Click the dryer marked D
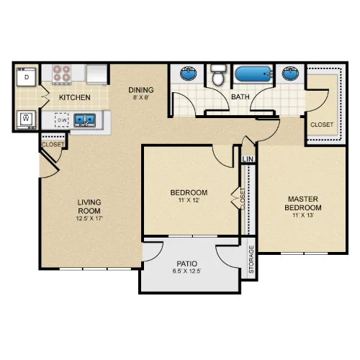coord(27,77)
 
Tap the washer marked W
coord(27,120)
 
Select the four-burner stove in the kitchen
coord(62,73)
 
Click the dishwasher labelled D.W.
coord(62,120)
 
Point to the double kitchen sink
coord(84,120)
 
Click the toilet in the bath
coord(218,75)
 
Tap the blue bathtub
coord(253,74)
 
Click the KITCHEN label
coord(75,97)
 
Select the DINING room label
coord(141,90)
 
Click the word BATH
coord(240,97)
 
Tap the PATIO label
coord(187,264)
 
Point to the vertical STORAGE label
coord(251,259)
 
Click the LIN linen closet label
coord(248,159)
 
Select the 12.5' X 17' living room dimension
coord(89,218)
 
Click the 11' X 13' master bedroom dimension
coord(303,215)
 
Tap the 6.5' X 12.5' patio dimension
coord(186,271)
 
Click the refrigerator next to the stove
coord(97,74)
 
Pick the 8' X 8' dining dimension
coord(141,97)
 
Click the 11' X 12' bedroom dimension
coord(189,200)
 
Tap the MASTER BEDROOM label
coord(303,203)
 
